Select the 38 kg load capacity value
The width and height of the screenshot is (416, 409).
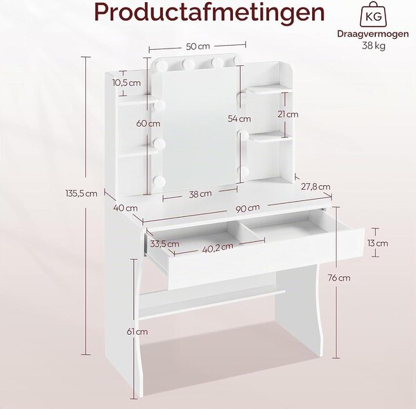point(373,46)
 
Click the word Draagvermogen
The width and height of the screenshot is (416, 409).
point(373,34)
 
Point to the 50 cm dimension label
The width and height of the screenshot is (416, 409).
point(198,46)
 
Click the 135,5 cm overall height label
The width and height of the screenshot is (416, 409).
point(81,193)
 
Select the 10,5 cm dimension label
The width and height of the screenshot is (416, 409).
point(126,82)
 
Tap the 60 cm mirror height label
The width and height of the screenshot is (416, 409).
point(148,123)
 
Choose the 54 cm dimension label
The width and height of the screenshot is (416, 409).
point(239,119)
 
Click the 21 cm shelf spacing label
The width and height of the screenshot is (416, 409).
point(288,114)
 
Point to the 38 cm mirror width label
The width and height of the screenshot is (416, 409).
point(200,194)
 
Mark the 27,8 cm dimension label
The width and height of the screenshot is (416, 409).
point(315,186)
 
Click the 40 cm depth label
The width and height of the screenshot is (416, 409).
point(125,208)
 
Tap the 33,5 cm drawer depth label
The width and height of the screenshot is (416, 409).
point(164,243)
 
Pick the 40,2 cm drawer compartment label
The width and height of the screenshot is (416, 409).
point(218,248)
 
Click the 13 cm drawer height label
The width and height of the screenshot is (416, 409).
point(378,243)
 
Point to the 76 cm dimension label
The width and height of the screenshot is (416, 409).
point(339,278)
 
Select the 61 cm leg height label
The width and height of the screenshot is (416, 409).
point(137,331)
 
